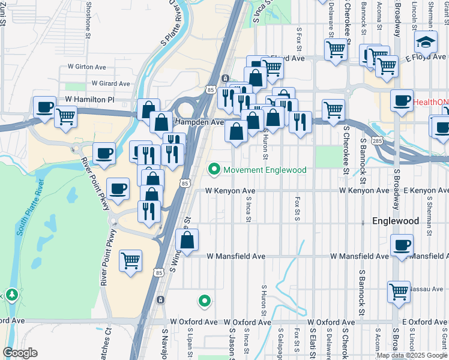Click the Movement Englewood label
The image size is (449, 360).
[265, 170]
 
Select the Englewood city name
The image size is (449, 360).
[396, 221]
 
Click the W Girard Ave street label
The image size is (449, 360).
[110, 83]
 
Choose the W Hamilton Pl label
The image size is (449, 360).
[89, 100]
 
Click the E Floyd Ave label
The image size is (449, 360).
[425, 58]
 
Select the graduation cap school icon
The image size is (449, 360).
[426, 43]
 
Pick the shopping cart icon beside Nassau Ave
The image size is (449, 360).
[398, 292]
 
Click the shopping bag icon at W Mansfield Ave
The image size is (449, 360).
[187, 241]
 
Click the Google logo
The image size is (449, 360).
[20, 353]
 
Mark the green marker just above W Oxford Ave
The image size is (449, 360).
[205, 301]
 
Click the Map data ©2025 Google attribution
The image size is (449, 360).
[411, 355]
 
